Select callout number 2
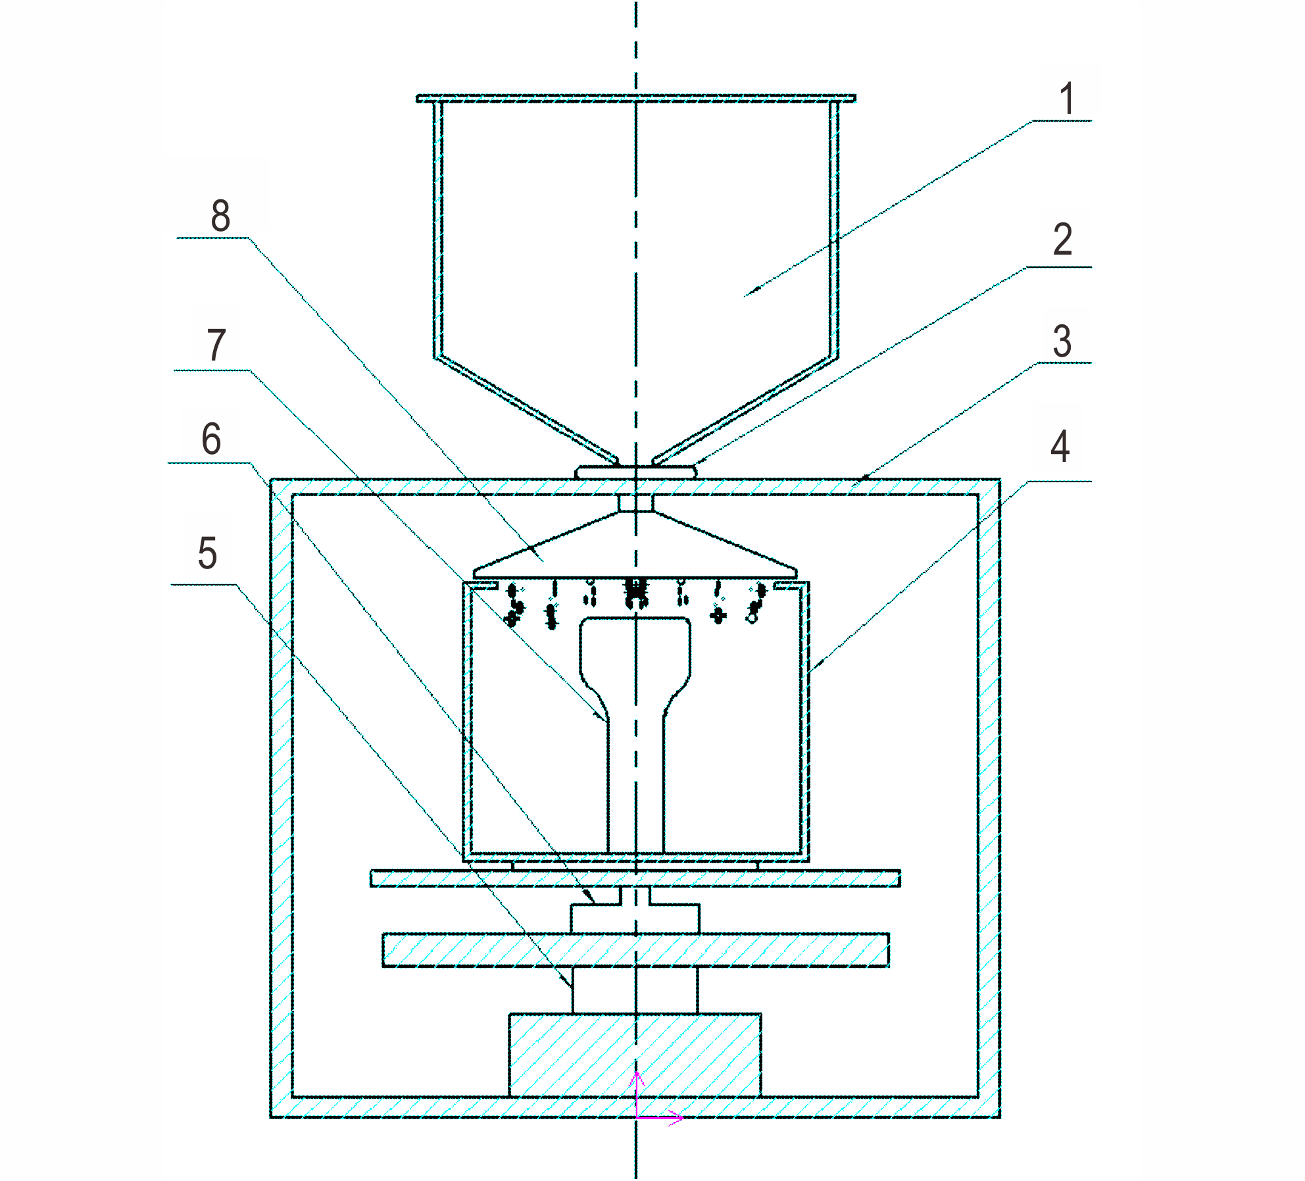[1062, 239]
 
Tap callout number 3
[1062, 341]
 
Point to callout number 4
[1059, 446]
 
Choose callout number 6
[211, 439]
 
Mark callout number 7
[216, 345]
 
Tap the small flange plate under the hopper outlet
[635, 472]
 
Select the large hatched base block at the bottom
[635, 1055]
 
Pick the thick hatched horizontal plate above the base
[635, 950]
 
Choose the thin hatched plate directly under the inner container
[635, 878]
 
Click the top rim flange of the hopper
[635, 98]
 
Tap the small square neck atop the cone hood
[635, 503]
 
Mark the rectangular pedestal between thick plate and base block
[635, 990]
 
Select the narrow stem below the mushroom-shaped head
[635, 786]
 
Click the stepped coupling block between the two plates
[635, 911]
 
